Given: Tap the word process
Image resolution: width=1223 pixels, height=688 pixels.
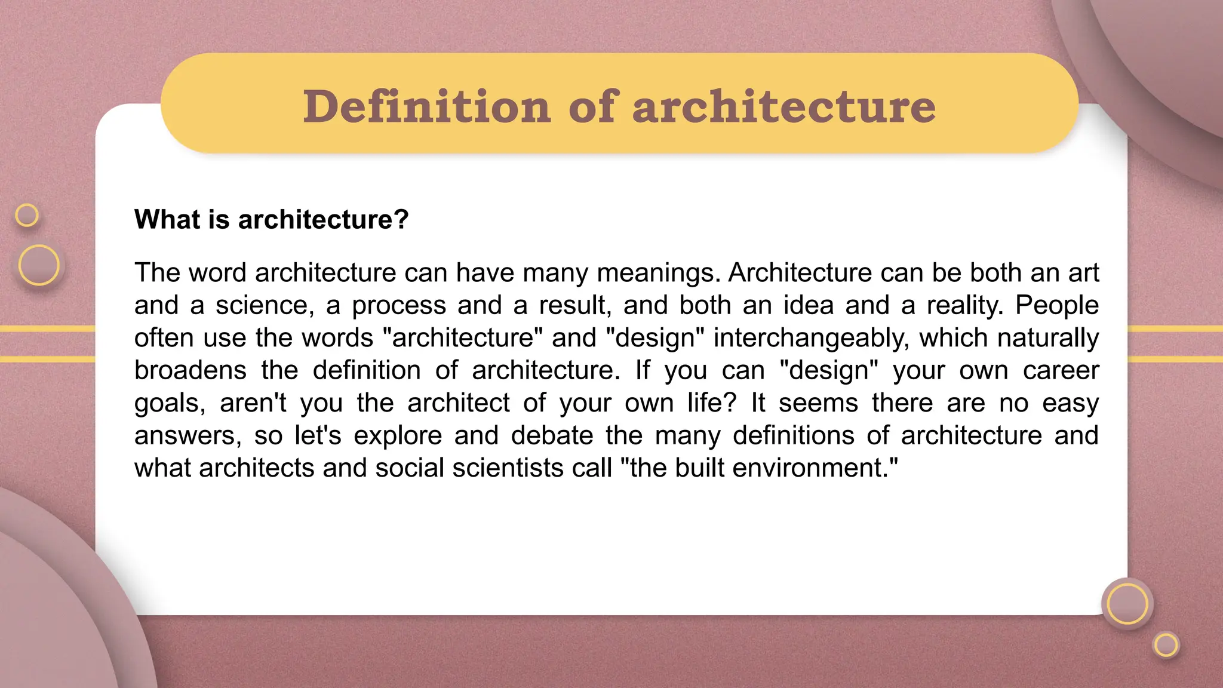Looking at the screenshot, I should tap(398, 305).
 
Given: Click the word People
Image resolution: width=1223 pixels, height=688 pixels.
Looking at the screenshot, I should tap(1057, 305).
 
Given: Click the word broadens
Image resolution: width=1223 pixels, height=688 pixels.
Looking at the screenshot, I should tap(190, 370).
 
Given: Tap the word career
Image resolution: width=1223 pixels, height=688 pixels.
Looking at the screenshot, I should tap(1061, 370).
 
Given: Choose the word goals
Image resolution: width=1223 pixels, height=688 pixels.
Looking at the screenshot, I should tap(170, 403).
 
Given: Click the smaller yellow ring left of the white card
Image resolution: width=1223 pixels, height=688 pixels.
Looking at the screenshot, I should tap(27, 215).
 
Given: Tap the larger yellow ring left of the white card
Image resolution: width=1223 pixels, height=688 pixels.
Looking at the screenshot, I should tap(39, 265).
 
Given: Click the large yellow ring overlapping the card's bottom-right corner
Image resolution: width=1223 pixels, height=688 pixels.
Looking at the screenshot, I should tap(1127, 604).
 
